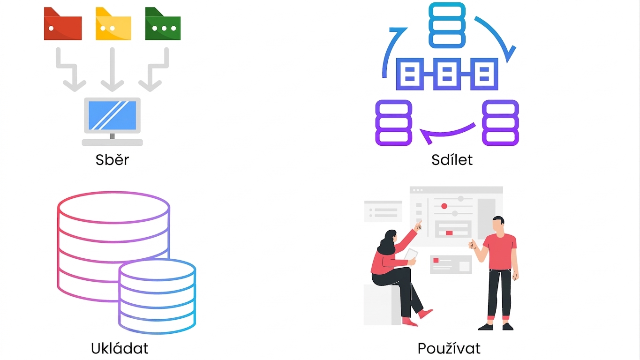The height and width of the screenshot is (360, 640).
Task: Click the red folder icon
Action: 62,24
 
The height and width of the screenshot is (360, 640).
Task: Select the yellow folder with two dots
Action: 113,24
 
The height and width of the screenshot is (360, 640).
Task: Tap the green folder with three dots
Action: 163,24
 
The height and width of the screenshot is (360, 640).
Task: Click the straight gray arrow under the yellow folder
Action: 112,69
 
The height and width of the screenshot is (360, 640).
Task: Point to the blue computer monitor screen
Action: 112,115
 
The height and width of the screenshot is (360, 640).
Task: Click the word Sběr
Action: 112,160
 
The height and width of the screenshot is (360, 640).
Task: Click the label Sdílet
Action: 452,160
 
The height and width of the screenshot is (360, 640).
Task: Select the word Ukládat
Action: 120,348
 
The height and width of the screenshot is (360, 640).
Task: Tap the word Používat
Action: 449,348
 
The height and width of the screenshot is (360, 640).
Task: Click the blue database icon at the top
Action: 447,25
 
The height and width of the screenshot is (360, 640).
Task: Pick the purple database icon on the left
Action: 394,123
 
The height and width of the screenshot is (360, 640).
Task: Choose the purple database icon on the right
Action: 500,123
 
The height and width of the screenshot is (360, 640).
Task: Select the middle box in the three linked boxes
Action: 447,74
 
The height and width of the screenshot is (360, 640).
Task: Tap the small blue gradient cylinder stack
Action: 157,296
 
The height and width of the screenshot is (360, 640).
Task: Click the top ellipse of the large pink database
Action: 113,208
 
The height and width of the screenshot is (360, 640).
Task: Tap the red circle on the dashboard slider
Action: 444,206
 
